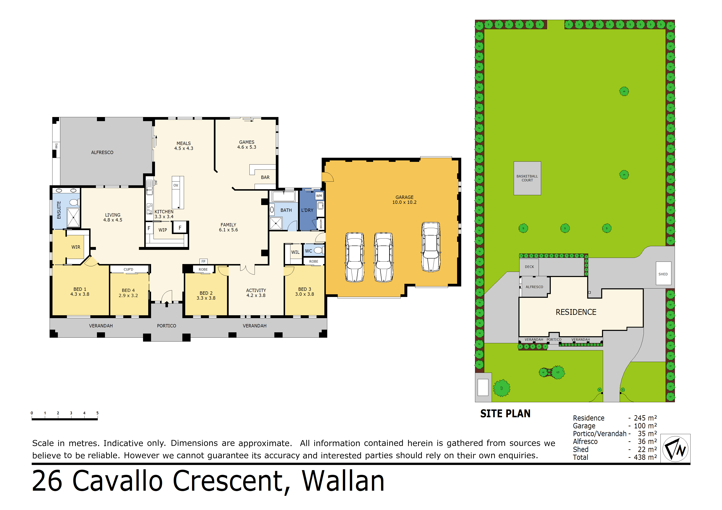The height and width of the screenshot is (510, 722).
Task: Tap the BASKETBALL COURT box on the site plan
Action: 527,178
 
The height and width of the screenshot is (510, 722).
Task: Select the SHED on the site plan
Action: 663,274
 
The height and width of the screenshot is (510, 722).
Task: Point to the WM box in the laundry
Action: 319,196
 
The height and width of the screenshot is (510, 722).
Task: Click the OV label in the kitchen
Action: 176,185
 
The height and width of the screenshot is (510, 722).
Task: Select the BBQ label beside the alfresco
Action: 56,146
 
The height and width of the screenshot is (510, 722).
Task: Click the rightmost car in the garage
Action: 431,247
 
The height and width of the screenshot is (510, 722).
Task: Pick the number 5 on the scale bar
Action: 98,413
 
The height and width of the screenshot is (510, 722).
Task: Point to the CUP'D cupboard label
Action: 128,269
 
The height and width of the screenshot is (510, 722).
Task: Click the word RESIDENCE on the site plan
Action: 576,312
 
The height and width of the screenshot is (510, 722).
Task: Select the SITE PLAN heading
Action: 505,414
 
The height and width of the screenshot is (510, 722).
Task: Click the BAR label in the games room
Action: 265,177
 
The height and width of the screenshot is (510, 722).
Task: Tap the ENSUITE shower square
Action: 73,217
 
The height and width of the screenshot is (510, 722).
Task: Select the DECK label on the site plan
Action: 529,267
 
